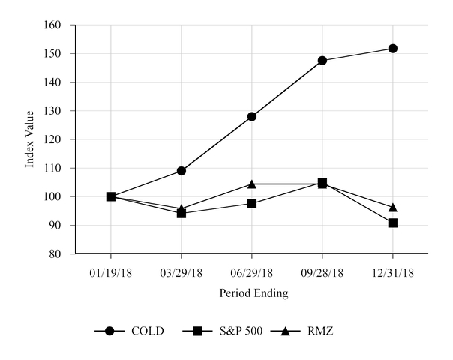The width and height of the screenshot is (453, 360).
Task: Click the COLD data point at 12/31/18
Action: [392, 49]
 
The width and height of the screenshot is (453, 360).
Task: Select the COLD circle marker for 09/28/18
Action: [322, 61]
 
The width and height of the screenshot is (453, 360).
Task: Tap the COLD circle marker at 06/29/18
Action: [252, 116]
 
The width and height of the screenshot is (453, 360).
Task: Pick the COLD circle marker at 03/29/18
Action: [181, 171]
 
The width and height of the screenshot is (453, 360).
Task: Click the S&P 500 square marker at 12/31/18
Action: [392, 223]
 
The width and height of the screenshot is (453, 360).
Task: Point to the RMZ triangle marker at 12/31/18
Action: [392, 207]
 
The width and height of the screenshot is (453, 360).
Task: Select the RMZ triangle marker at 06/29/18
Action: [252, 184]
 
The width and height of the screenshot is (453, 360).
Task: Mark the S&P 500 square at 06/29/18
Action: [252, 203]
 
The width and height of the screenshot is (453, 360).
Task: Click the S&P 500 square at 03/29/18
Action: [181, 213]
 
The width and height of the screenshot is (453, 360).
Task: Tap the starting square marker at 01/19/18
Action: [111, 196]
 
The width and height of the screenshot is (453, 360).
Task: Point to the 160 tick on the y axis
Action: [58, 25]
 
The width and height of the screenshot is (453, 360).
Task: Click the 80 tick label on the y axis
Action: [61, 254]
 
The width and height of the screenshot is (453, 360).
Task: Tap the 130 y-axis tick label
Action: [58, 111]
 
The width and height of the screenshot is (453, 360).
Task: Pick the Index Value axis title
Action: [30, 139]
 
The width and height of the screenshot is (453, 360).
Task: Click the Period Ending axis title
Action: [253, 293]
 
